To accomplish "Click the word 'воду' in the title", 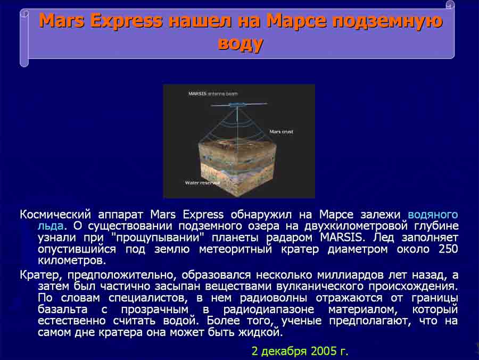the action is (x=241, y=43).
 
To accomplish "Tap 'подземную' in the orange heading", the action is (x=387, y=21).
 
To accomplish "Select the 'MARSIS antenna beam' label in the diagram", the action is (x=213, y=94).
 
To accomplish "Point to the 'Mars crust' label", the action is (x=281, y=131).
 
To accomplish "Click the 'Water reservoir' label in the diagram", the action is (x=202, y=182).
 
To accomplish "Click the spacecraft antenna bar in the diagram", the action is (x=239, y=105).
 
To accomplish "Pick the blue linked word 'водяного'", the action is (x=433, y=215).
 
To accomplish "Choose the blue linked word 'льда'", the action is (x=51, y=226).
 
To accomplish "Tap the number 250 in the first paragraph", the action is (x=448, y=249).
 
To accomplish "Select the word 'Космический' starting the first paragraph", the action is (x=55, y=215).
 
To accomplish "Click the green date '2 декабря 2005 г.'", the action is (x=300, y=351).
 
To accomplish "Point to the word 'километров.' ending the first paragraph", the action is (x=72, y=261).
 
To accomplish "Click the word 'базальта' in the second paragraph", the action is (x=63, y=309).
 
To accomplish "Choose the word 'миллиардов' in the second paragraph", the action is (x=350, y=275).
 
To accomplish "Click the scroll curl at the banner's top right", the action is (x=450, y=5).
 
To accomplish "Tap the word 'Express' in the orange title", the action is (x=127, y=21).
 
